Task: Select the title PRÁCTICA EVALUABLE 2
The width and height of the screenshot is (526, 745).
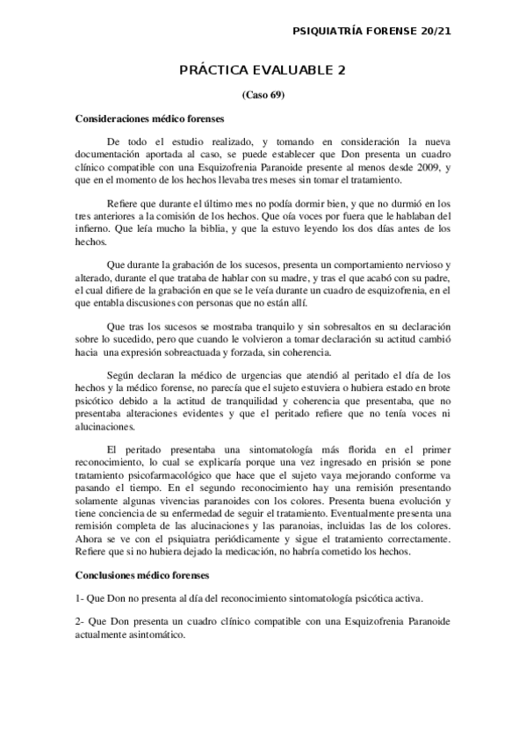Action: [263, 69]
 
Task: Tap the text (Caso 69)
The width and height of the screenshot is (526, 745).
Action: [263, 94]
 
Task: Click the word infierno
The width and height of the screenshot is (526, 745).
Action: [91, 214]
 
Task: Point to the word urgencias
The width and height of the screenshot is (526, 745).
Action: [241, 374]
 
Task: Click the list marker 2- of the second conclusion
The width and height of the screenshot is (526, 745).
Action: [80, 621]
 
